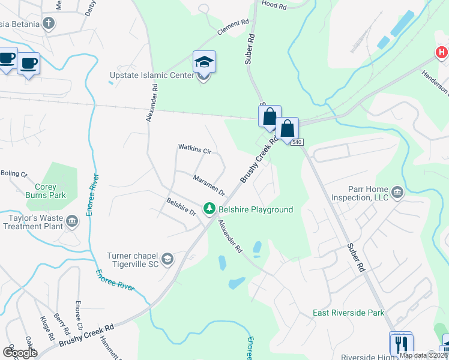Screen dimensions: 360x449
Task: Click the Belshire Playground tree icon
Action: click(209, 209)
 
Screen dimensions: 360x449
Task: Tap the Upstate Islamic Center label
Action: click(152, 76)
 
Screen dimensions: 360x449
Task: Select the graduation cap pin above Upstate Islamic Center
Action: click(204, 62)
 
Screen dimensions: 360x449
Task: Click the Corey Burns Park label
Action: click(50, 191)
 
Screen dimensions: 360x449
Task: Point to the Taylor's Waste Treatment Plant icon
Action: click(72, 222)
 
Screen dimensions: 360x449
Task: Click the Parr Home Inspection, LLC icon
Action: click(397, 193)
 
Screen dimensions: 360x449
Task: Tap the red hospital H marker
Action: click(442, 53)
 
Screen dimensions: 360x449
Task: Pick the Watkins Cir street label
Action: click(194, 149)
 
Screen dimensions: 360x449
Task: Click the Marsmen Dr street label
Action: click(209, 185)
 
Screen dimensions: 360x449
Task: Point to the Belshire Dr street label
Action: click(181, 208)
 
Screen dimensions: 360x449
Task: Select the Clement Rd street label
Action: click(233, 28)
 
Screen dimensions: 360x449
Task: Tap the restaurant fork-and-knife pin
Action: click(400, 343)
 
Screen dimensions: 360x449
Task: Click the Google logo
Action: click(20, 352)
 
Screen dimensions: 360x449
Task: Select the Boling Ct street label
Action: click(14, 174)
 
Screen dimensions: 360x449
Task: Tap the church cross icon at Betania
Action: click(49, 24)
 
